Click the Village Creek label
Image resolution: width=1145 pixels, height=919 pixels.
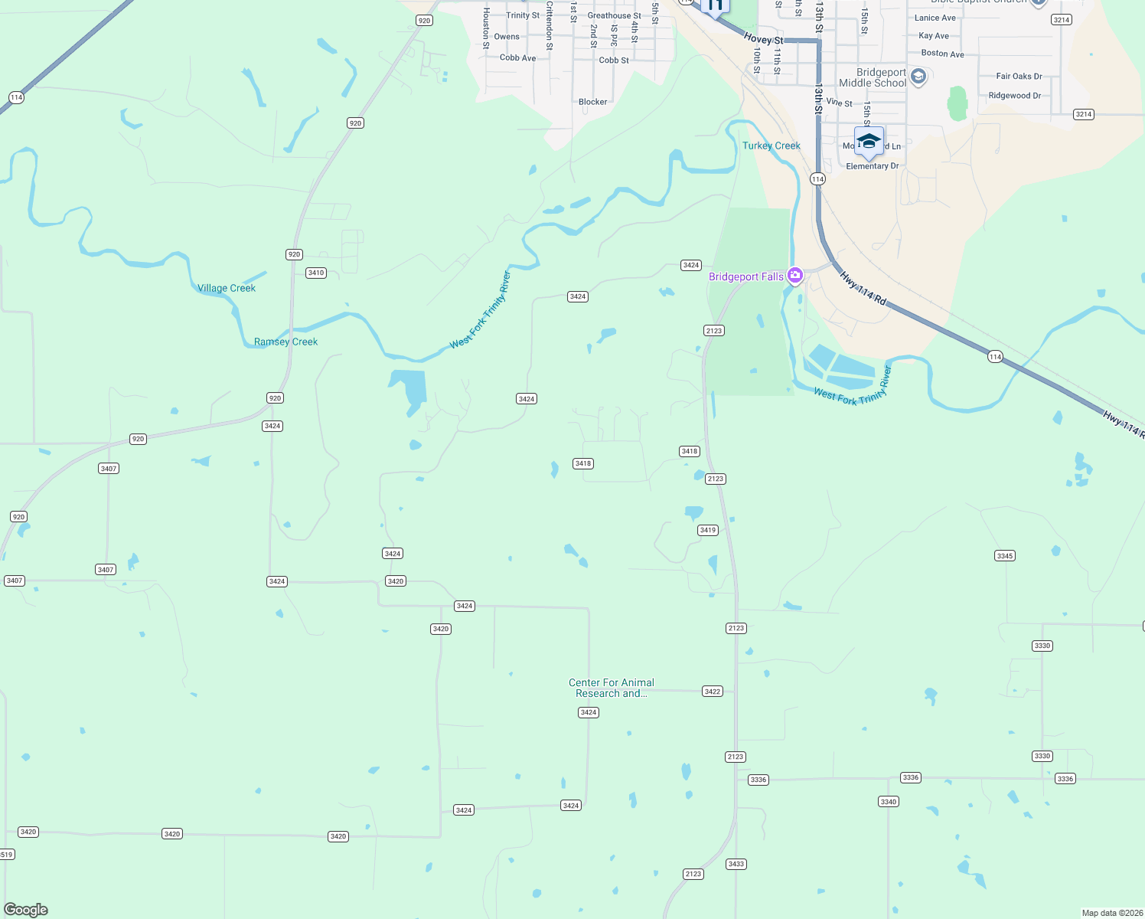[x=227, y=289]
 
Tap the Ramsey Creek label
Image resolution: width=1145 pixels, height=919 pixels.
[x=285, y=342]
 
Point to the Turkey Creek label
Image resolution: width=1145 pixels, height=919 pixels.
[x=771, y=146]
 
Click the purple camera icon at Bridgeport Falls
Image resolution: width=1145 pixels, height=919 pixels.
[x=795, y=276]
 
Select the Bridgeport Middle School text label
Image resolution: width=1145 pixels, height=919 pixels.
[x=872, y=77]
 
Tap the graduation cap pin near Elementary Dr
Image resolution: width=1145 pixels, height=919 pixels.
[x=869, y=142]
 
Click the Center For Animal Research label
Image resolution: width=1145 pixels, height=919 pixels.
[x=611, y=688]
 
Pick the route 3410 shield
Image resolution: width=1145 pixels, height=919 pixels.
[x=316, y=273]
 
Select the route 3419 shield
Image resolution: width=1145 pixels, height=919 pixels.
[x=708, y=530]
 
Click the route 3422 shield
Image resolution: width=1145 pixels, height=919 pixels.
[x=712, y=692]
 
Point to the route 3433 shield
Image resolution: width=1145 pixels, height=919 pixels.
[x=736, y=864]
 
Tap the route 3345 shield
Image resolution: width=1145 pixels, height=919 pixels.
[x=1005, y=556]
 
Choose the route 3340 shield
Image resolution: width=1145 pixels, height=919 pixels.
[x=888, y=802]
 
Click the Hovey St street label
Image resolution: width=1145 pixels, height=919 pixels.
[x=763, y=39]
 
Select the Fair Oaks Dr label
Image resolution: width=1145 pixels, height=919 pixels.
[x=1019, y=77]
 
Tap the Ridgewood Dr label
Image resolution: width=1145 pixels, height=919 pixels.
[x=1014, y=96]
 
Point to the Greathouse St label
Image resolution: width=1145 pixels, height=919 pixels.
[x=614, y=15]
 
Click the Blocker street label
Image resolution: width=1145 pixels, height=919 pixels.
[x=592, y=102]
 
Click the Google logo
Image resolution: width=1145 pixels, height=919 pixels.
[x=26, y=910]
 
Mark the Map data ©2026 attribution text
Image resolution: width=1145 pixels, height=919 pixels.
[x=1111, y=913]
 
